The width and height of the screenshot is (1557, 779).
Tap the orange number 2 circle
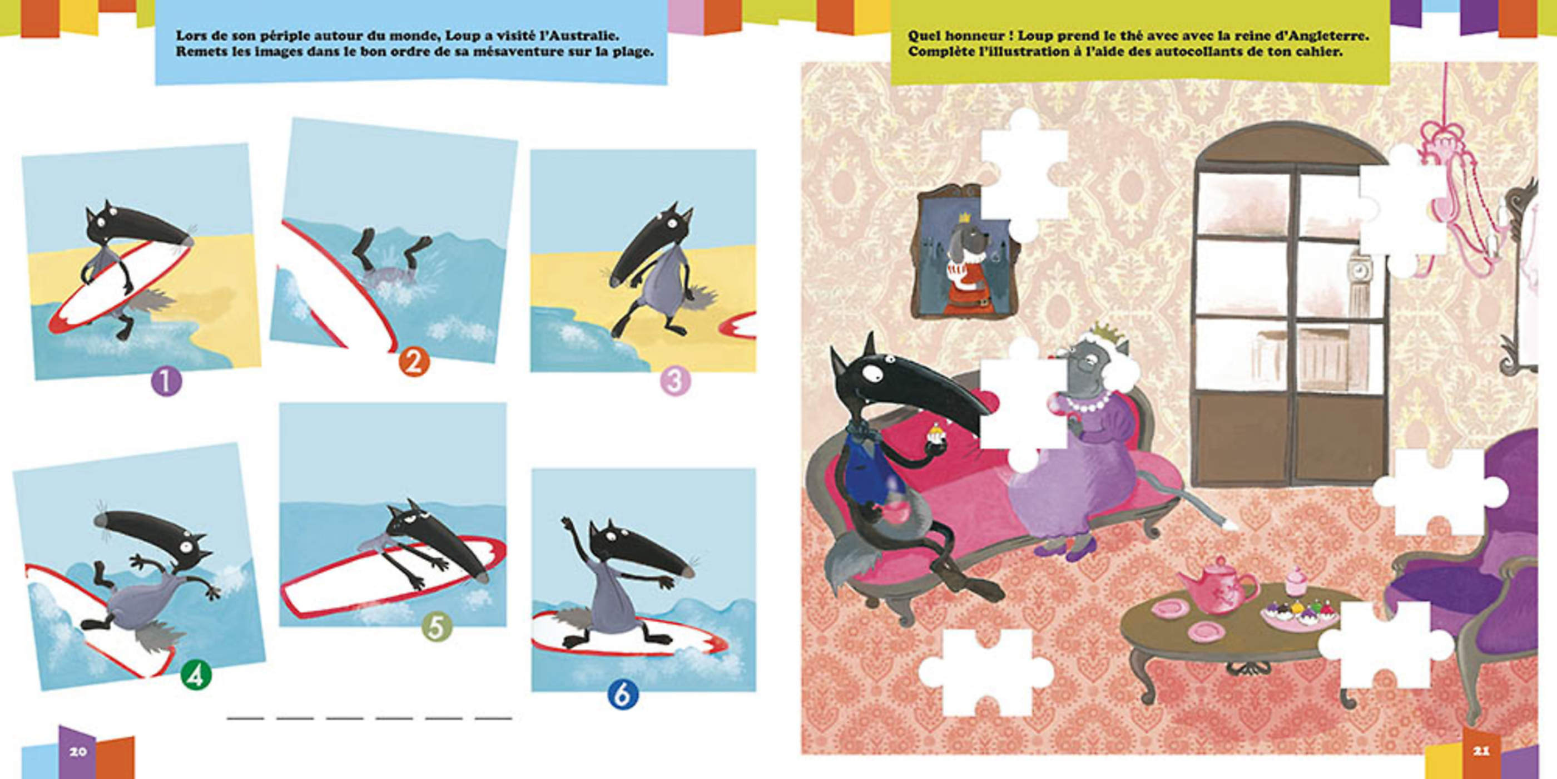414,363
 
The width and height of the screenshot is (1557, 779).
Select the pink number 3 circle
675,381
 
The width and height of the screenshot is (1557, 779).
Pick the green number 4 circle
196,675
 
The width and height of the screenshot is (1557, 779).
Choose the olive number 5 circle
437,627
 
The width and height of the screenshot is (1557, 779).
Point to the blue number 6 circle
623,695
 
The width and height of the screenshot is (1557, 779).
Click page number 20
78,751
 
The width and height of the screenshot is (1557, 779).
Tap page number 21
1481,751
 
